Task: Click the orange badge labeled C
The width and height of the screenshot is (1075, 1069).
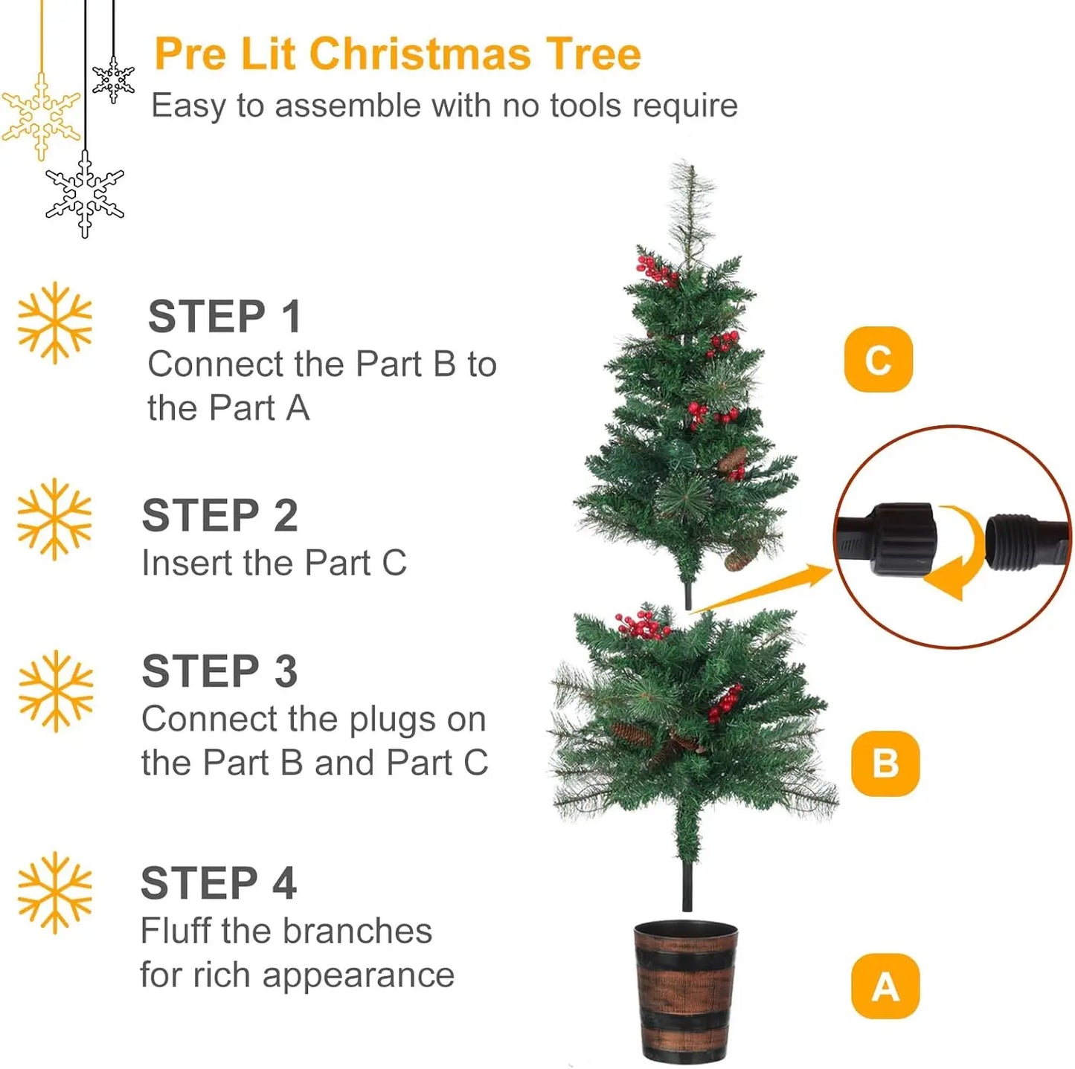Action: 878,359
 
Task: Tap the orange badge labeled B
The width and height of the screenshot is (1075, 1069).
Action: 885,763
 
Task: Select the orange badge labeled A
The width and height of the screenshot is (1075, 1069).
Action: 885,986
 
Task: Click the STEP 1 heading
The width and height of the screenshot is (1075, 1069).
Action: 225,317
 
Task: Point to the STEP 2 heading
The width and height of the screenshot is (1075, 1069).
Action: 219,515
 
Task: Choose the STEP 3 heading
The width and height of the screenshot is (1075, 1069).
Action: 219,671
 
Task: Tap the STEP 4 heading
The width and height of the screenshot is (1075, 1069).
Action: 219,883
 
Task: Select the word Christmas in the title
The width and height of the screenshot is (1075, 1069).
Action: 420,54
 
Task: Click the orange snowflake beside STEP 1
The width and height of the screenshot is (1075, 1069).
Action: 55,323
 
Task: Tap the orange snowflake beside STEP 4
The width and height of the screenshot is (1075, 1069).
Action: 55,892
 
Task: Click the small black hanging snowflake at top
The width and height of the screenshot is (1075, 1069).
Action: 113,80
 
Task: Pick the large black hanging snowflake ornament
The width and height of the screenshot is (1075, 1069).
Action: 85,193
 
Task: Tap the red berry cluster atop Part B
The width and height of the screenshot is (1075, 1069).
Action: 643,625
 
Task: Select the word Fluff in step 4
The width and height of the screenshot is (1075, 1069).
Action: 176,931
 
